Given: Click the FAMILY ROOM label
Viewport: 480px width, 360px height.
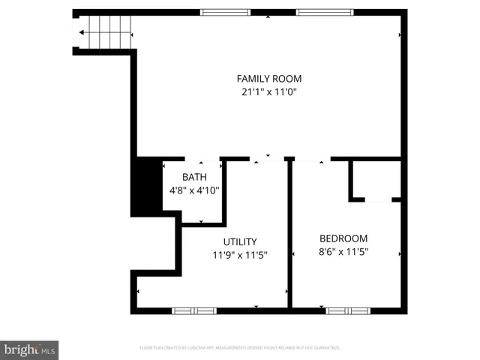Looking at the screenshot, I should pyautogui.click(x=269, y=78).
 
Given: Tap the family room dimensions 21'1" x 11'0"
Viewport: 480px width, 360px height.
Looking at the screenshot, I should pyautogui.click(x=269, y=92).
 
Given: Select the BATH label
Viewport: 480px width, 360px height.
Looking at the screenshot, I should pyautogui.click(x=194, y=177).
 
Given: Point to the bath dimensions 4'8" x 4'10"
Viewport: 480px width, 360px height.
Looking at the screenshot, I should pyautogui.click(x=194, y=190).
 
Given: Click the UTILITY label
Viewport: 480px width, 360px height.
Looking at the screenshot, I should pyautogui.click(x=240, y=241).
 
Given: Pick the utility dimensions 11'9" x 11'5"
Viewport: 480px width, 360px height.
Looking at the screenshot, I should pyautogui.click(x=240, y=255).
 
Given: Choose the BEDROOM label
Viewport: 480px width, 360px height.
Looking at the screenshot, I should pyautogui.click(x=343, y=238).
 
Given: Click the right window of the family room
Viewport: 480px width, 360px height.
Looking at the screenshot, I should pyautogui.click(x=323, y=12).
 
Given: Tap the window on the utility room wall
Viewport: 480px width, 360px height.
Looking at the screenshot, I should pyautogui.click(x=194, y=310).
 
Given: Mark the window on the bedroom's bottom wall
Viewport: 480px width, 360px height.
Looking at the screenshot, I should pyautogui.click(x=347, y=310).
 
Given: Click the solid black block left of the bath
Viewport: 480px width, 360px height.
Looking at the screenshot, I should pyautogui.click(x=147, y=186).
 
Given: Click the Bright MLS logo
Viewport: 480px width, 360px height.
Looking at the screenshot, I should pyautogui.click(x=30, y=349).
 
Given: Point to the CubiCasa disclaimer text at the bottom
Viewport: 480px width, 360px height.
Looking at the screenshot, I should pyautogui.click(x=240, y=348).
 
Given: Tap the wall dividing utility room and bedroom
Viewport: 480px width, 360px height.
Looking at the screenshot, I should pyautogui.click(x=289, y=232).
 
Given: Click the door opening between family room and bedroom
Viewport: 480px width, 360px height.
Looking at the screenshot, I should pyautogui.click(x=312, y=159).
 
